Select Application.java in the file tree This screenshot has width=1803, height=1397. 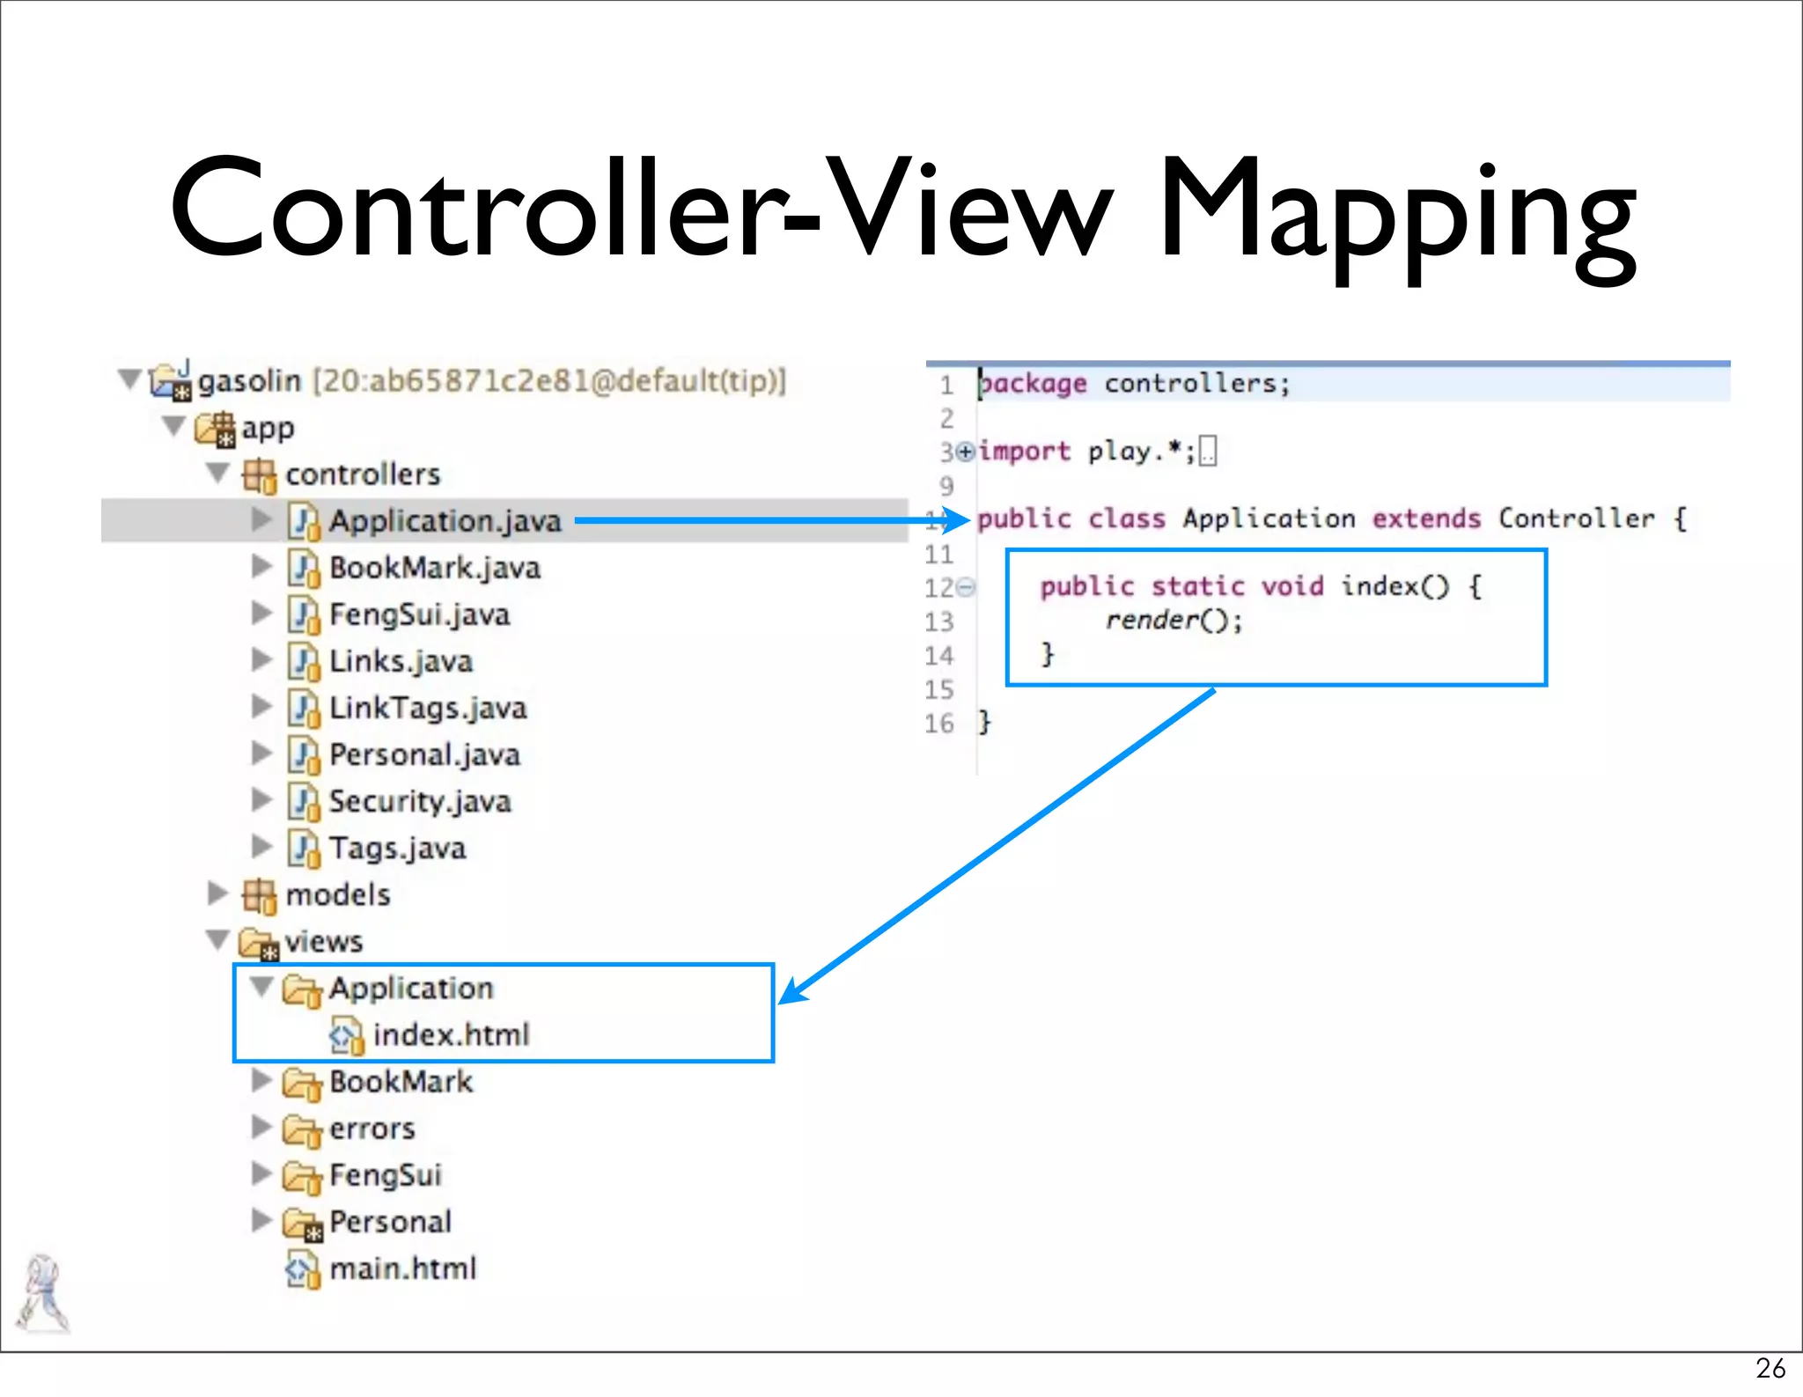[445, 521]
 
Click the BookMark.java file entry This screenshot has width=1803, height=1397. [434, 568]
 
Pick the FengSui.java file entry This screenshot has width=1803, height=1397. [419, 614]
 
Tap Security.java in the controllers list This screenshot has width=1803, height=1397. [419, 801]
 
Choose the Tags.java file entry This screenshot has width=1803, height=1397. [397, 848]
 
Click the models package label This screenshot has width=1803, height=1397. [337, 894]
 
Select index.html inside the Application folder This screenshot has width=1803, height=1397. [451, 1034]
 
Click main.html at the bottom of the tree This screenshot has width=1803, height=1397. [402, 1268]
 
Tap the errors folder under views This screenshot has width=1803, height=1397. [372, 1129]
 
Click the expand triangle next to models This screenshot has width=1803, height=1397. [217, 893]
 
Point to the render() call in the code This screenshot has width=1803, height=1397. [1173, 621]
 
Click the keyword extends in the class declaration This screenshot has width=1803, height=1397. [1426, 518]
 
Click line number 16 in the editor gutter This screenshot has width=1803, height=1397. [938, 724]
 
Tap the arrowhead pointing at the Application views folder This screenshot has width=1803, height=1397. [792, 992]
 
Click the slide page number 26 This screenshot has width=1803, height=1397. [1770, 1368]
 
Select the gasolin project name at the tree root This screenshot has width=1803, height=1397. [249, 381]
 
